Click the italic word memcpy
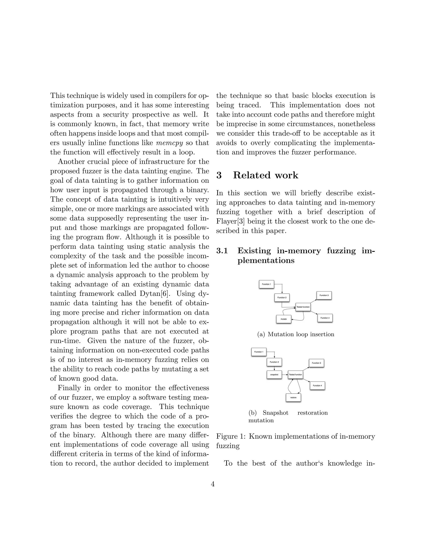click(x=169, y=143)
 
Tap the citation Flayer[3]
click(x=230, y=221)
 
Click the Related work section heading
click(x=265, y=175)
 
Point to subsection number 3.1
click(x=222, y=251)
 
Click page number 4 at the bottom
click(x=213, y=484)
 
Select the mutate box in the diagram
click(x=284, y=319)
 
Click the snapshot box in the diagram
click(x=274, y=375)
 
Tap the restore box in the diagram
click(x=293, y=398)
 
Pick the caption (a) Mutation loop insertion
click(x=296, y=334)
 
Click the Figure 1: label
click(x=231, y=436)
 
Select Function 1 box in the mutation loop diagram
click(x=266, y=284)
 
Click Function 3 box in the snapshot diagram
click(x=316, y=363)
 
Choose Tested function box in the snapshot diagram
click(x=295, y=375)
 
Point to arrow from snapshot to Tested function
click(x=285, y=375)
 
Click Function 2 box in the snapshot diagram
click(x=274, y=362)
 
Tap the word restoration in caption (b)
click(x=312, y=413)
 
